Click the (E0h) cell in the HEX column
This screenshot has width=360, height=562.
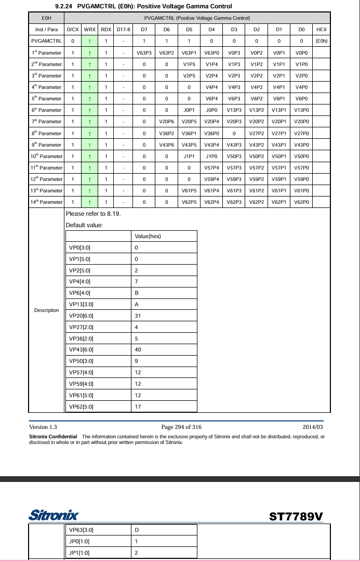click(321, 41)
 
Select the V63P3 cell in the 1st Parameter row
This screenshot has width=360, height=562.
click(144, 53)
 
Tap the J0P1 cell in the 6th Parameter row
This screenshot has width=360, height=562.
click(189, 110)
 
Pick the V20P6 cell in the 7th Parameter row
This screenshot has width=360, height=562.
click(166, 121)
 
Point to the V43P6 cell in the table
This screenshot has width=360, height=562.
click(166, 145)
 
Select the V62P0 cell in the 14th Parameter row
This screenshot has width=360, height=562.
click(301, 202)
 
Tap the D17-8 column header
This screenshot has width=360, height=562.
click(123, 30)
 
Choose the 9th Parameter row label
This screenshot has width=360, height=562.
click(46, 145)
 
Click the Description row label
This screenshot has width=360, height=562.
click(46, 310)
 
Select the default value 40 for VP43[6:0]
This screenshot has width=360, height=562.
click(138, 349)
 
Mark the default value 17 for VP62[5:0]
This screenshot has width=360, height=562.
click(138, 407)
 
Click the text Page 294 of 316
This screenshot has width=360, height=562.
click(181, 427)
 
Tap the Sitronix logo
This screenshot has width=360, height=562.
click(54, 516)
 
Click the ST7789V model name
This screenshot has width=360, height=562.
click(296, 516)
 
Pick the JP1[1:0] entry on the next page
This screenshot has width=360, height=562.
click(79, 552)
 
